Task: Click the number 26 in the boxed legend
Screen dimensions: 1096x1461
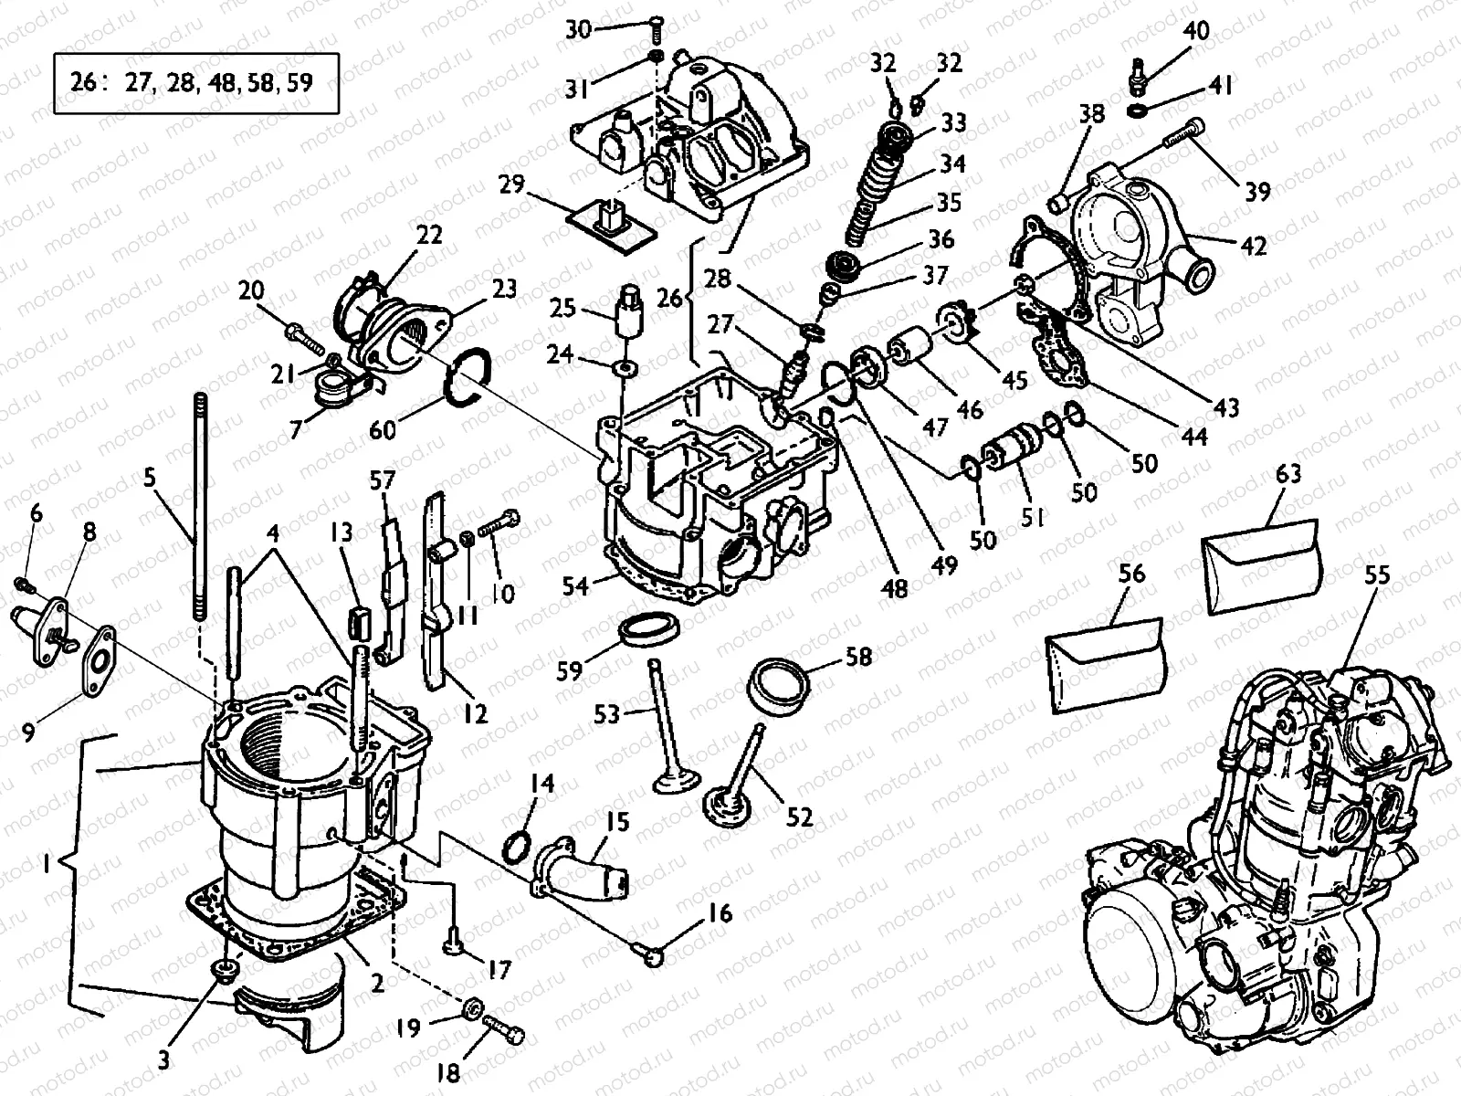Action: pyautogui.click(x=83, y=83)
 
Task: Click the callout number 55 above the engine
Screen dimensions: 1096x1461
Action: pyautogui.click(x=1376, y=574)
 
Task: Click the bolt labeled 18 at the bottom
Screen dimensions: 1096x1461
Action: pyautogui.click(x=503, y=1038)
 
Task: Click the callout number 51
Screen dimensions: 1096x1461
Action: pyautogui.click(x=1032, y=518)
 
